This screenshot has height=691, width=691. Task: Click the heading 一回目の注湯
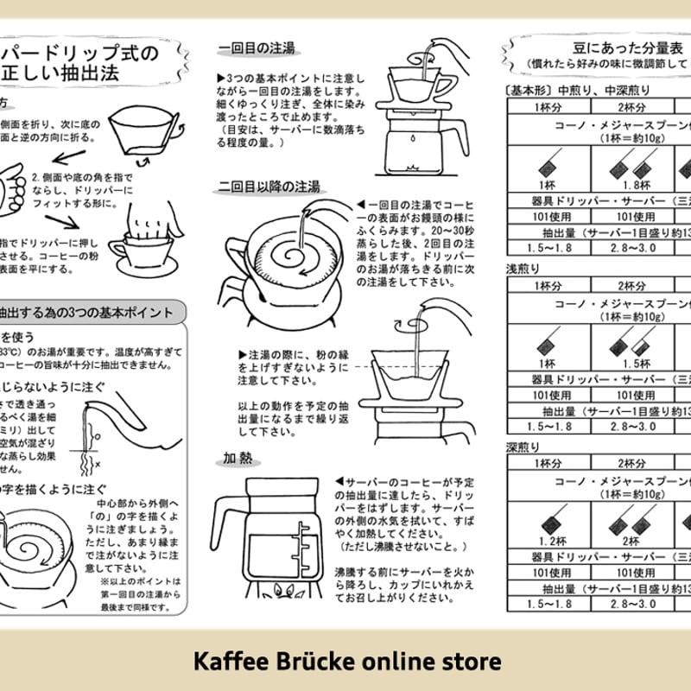257,49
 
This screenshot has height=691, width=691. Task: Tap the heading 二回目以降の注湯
269,186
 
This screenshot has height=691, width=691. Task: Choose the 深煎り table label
523,447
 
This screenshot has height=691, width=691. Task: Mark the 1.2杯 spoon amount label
548,542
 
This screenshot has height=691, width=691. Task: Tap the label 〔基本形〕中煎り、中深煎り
576,89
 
